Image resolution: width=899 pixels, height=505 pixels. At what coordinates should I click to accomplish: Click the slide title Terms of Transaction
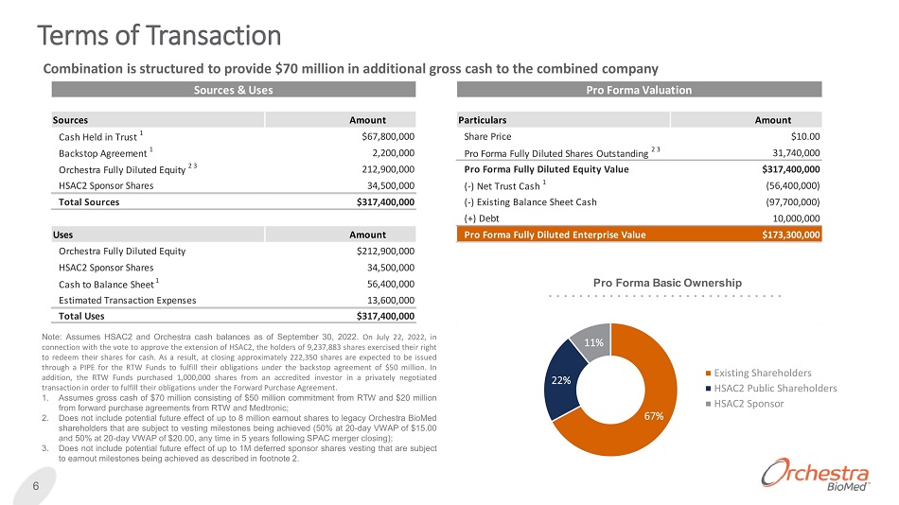click(x=159, y=36)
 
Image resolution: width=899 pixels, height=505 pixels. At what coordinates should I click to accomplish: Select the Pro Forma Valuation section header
click(x=639, y=90)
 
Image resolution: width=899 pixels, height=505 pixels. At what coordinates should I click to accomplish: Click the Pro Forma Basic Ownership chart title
click(x=667, y=282)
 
